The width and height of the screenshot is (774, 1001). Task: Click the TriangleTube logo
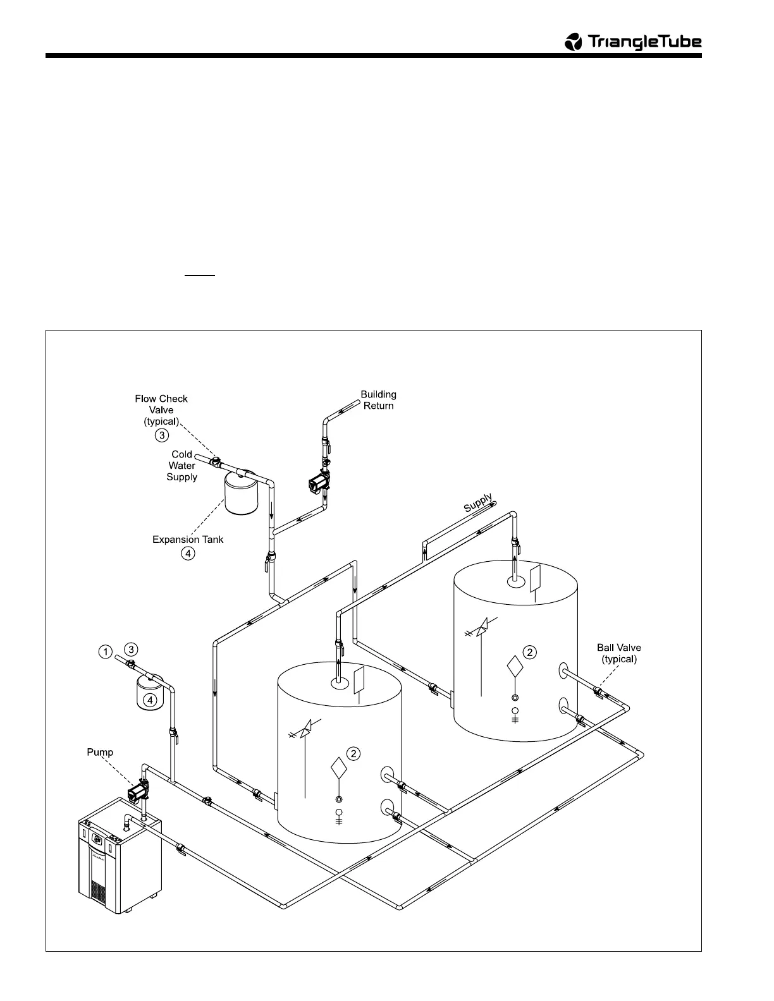(632, 42)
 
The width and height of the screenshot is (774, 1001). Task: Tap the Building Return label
(378, 400)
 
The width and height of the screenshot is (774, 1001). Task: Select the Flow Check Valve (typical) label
(161, 409)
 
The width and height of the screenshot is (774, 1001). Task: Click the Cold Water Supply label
(182, 466)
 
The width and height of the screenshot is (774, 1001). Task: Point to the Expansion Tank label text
(188, 540)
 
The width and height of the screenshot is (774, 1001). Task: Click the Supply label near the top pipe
(478, 503)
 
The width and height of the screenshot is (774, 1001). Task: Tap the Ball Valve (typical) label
(618, 653)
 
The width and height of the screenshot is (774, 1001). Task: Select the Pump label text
(100, 752)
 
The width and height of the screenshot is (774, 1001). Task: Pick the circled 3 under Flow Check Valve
(162, 435)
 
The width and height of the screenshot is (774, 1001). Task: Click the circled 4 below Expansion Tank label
(188, 554)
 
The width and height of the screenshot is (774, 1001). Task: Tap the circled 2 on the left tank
(354, 753)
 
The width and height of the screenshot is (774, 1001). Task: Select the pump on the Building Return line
(316, 484)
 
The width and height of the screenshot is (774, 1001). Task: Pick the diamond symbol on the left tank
(340, 768)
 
